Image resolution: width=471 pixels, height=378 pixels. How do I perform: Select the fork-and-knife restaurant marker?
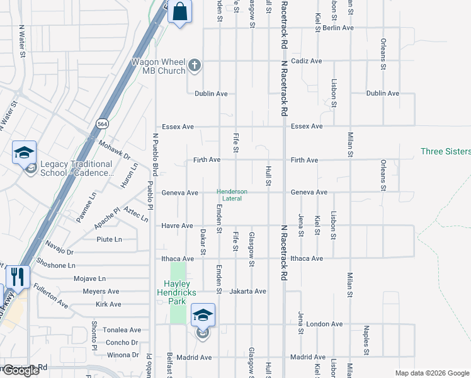[18, 278]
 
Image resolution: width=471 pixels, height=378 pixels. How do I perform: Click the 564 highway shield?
[101, 124]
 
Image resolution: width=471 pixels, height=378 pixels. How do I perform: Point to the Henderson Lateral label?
[232, 195]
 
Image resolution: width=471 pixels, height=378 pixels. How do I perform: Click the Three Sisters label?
[445, 151]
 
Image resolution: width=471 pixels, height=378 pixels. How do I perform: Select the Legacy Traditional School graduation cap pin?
[25, 152]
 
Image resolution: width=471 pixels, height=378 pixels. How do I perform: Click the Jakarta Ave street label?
[248, 292]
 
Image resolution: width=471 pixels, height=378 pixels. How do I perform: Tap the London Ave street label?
[324, 324]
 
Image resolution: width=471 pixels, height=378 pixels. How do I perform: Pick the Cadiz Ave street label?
[306, 61]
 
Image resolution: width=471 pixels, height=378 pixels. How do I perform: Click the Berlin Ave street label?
[338, 28]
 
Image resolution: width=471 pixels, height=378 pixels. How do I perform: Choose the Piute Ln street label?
[109, 239]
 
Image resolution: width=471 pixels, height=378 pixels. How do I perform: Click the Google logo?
[21, 370]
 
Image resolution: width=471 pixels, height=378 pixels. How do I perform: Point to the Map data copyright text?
[432, 373]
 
